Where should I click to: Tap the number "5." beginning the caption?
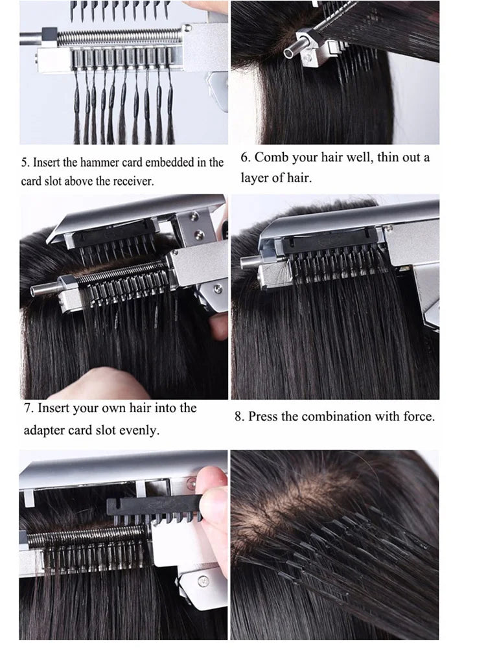25,163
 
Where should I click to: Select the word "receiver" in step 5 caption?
133,181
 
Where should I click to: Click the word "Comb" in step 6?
273,157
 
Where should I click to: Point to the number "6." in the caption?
246,157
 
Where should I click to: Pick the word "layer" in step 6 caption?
255,177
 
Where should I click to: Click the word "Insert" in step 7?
56,408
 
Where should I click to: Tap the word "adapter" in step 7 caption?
45,430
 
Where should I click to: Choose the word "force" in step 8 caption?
419,416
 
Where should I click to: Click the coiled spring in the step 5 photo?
117,38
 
